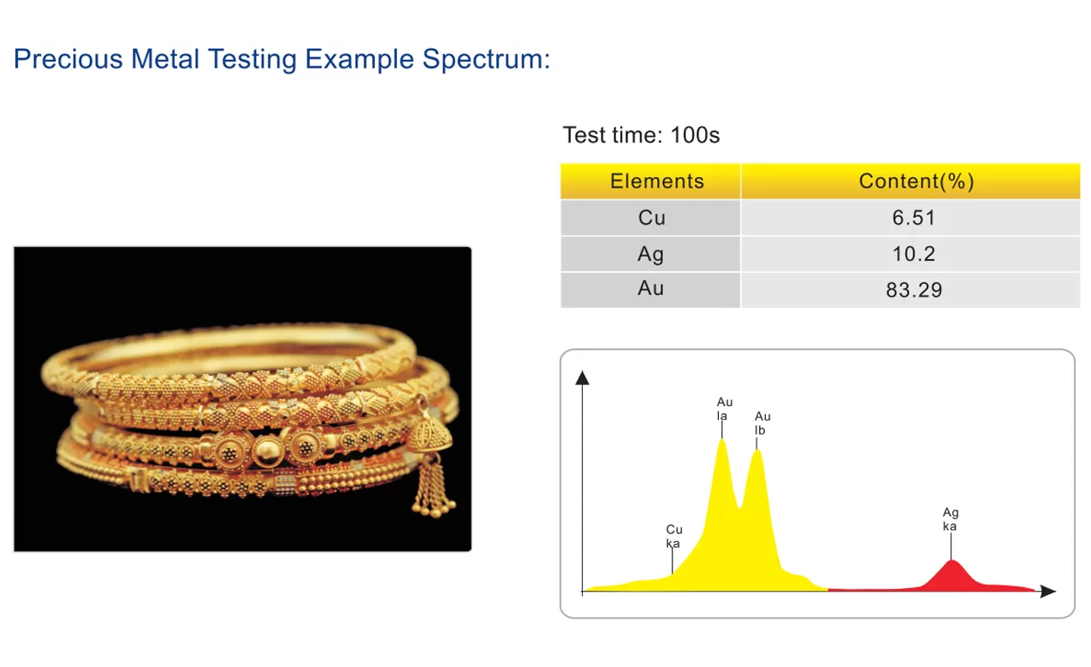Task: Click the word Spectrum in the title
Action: [486, 60]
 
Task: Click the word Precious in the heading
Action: [68, 59]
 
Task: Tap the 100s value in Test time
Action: [695, 135]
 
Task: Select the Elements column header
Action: [657, 181]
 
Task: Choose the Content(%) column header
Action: [916, 181]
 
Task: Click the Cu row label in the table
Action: [652, 217]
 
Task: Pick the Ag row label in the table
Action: [650, 254]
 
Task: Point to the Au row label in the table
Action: [650, 288]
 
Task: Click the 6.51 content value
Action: [914, 217]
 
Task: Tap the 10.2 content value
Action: [914, 254]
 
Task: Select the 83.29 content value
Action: [914, 290]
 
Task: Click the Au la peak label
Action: [724, 409]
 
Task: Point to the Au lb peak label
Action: [762, 423]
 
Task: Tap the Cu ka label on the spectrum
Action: [673, 536]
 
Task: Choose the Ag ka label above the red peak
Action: [951, 519]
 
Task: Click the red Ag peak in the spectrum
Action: [952, 578]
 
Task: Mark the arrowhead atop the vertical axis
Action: [582, 378]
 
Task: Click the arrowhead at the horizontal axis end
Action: [1047, 592]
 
